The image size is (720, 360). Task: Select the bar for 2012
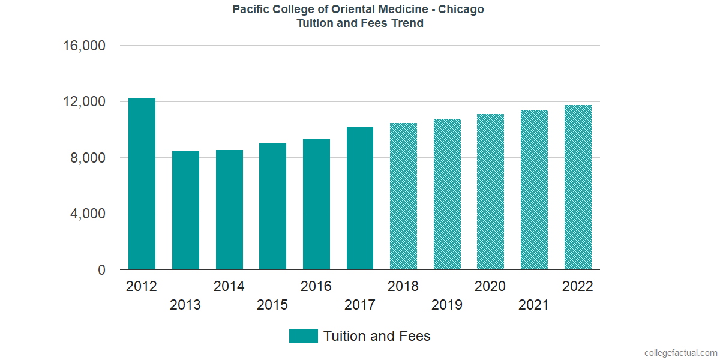pyautogui.click(x=142, y=184)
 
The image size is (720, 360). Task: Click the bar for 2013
pyautogui.click(x=185, y=210)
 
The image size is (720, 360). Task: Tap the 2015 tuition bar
pyautogui.click(x=272, y=206)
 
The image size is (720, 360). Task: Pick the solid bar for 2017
pyautogui.click(x=360, y=199)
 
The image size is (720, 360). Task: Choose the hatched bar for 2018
pyautogui.click(x=403, y=196)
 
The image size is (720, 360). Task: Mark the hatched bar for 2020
pyautogui.click(x=491, y=191)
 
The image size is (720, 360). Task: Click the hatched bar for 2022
pyautogui.click(x=578, y=187)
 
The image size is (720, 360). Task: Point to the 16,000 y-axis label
pyautogui.click(x=84, y=46)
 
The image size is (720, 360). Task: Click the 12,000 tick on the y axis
pyautogui.click(x=84, y=101)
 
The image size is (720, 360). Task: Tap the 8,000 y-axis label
pyautogui.click(x=88, y=158)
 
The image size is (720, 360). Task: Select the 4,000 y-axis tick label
pyautogui.click(x=88, y=214)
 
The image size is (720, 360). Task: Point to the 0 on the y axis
pyautogui.click(x=101, y=270)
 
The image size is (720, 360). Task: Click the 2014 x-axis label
pyautogui.click(x=229, y=286)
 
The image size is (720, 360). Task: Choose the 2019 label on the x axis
pyautogui.click(x=447, y=305)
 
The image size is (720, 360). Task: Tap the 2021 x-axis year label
pyautogui.click(x=533, y=305)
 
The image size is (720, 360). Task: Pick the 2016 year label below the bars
pyautogui.click(x=316, y=286)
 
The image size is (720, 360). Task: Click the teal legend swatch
pyautogui.click(x=304, y=336)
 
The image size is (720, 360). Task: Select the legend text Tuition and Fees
pyautogui.click(x=377, y=336)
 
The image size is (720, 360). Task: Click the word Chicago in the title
pyautogui.click(x=461, y=10)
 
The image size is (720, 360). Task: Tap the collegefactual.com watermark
pyautogui.click(x=681, y=353)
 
